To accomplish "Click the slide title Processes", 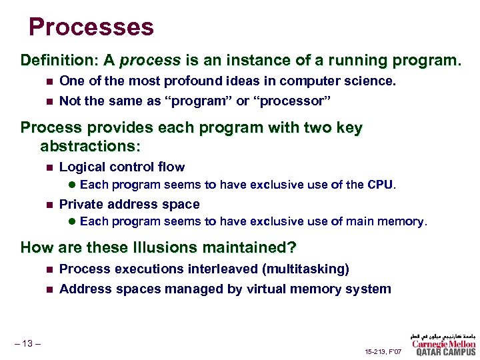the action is tap(91, 27).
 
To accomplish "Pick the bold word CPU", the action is tap(379, 185).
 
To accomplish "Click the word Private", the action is tap(80, 204).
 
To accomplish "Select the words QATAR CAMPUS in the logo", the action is tap(445, 353).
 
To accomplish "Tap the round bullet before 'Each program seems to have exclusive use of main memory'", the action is tap(73, 222).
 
